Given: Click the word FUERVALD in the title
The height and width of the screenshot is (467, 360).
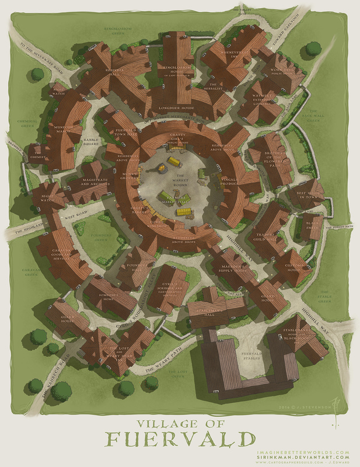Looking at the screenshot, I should [180, 438].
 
